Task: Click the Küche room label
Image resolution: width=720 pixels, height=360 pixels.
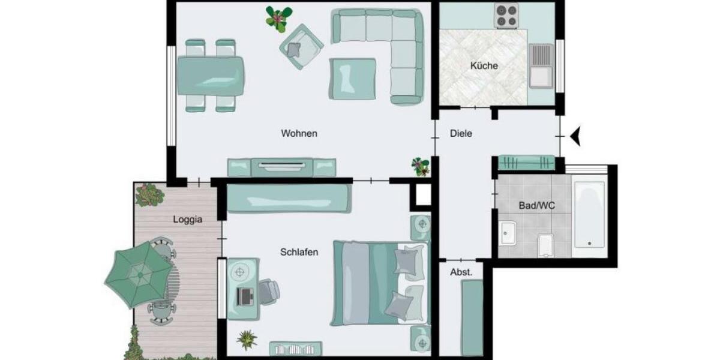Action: [484, 66]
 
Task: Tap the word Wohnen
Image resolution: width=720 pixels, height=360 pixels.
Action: [299, 133]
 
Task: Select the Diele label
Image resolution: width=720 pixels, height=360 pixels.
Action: [461, 134]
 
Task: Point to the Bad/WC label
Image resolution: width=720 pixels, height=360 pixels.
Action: [536, 206]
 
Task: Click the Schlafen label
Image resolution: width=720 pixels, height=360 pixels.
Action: [299, 252]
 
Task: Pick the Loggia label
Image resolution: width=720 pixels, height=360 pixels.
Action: [188, 220]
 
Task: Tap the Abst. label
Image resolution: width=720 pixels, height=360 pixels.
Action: [461, 272]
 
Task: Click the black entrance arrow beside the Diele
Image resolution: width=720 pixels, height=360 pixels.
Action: [577, 136]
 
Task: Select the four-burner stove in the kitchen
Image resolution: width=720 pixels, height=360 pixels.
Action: [506, 16]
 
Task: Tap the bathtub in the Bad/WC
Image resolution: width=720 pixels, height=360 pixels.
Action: [589, 215]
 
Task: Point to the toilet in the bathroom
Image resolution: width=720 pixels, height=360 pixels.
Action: [545, 244]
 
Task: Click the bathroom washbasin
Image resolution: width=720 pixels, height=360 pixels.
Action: [508, 232]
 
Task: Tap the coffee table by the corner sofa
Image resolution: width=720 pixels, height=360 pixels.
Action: [352, 78]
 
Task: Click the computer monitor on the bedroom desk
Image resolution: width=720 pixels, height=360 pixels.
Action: [245, 295]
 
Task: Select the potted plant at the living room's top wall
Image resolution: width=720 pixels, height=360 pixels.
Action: [278, 18]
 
